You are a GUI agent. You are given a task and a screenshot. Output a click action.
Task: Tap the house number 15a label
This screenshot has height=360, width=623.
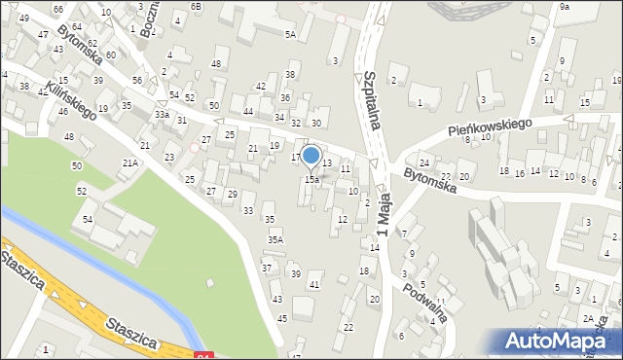coord(311,180)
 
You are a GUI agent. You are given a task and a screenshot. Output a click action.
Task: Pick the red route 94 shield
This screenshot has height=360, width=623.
coord(202,356)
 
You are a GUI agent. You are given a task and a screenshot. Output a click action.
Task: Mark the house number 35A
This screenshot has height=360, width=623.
coord(275,239)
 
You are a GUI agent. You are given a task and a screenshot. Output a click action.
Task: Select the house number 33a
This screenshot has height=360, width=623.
coord(162,115)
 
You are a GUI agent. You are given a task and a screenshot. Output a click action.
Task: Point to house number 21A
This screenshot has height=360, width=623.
coord(129,163)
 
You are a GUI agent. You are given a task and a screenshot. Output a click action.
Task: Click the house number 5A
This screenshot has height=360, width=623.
coord(290,34)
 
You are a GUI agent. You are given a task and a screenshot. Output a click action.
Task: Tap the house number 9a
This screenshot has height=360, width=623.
coord(565,7)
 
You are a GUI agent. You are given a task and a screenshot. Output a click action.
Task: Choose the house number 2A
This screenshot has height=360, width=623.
coord(588,318)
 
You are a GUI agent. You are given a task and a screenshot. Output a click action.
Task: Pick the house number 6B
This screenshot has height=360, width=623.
coord(197,6)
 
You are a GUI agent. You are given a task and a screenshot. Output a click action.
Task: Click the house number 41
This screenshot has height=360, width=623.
coord(313,284)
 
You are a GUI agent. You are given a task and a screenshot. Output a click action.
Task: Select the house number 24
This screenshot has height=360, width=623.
coord(424,162)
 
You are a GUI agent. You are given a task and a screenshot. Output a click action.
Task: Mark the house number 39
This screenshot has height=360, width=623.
coord(296,274)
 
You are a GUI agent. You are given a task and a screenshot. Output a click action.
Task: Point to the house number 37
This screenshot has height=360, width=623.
coord(267,268)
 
